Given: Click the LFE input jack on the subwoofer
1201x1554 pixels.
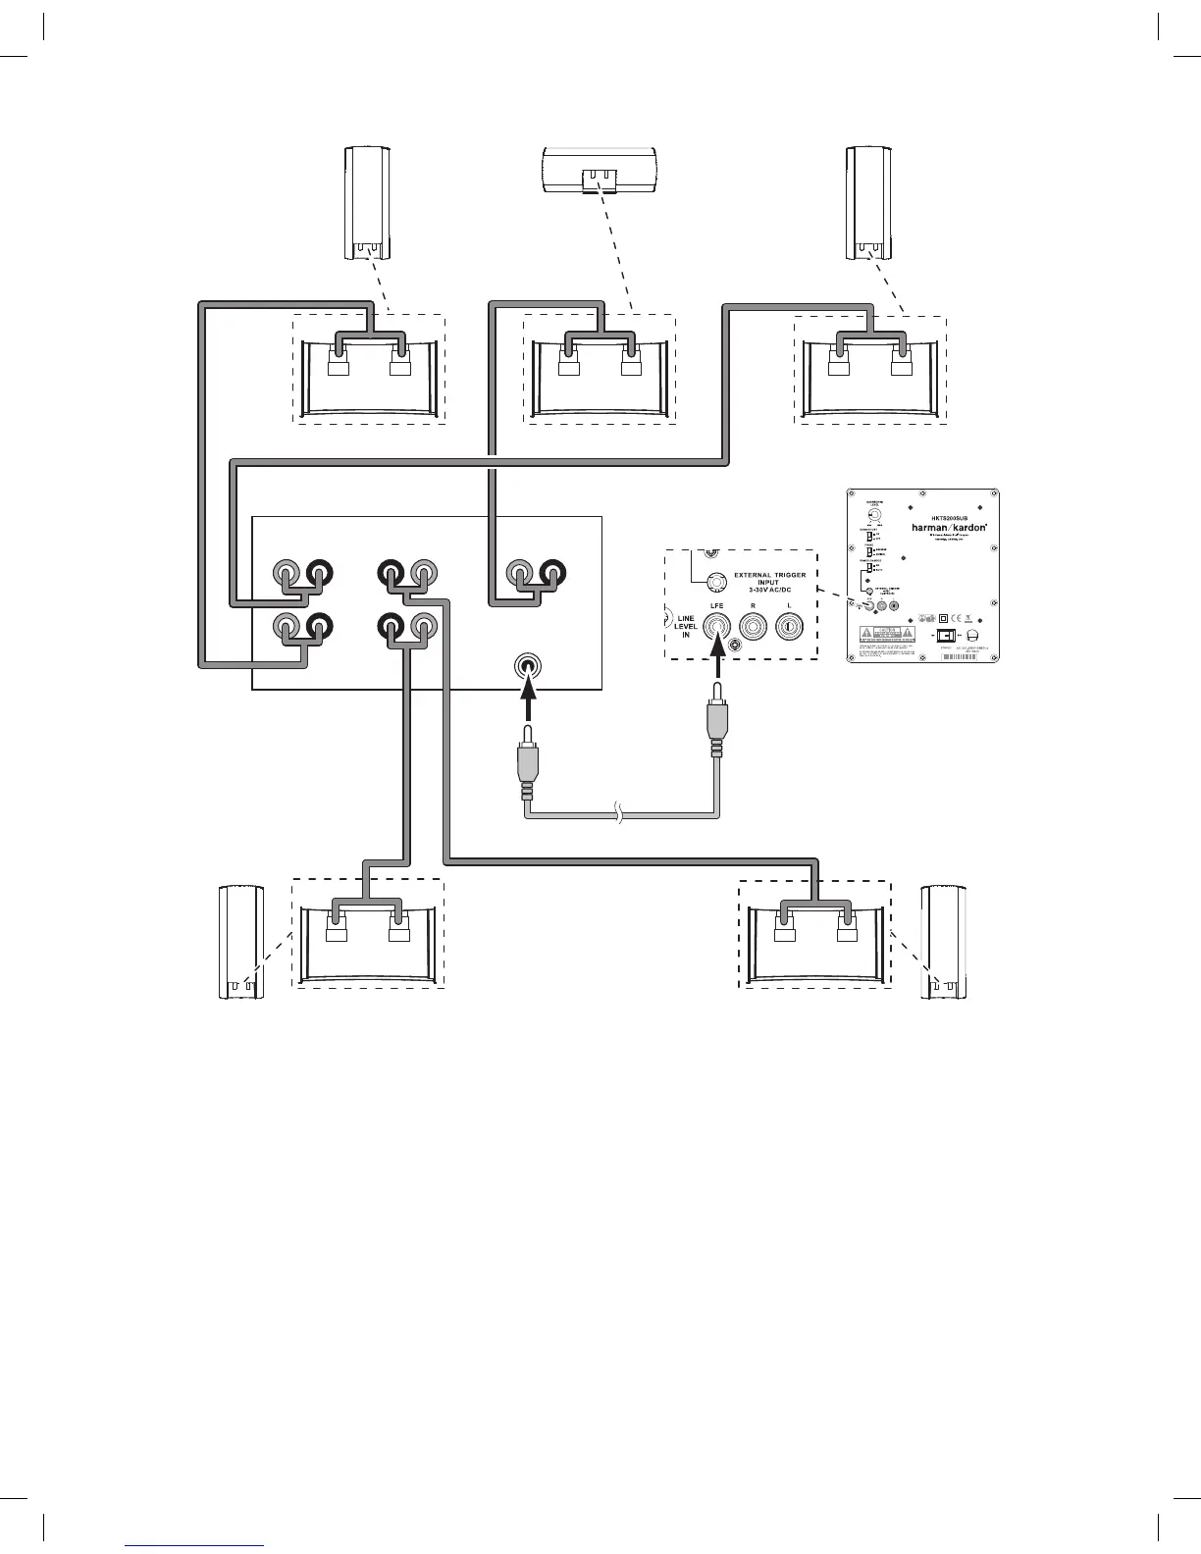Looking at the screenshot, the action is point(717,626).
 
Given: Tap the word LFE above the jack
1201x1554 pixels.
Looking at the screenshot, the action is point(717,606).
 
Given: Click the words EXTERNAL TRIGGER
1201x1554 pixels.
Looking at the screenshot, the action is point(770,575).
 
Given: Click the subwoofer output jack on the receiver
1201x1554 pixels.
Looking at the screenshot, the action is point(527,667).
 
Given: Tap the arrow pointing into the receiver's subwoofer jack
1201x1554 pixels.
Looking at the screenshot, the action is point(527,702).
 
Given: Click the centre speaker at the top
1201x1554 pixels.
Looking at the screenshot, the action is point(600,169).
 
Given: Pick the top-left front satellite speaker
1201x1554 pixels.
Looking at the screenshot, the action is point(368,203).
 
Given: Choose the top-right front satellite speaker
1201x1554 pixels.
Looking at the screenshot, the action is point(869,203).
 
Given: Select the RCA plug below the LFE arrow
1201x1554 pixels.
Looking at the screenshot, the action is point(717,731).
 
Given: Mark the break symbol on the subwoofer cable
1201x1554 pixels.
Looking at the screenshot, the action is point(618,813).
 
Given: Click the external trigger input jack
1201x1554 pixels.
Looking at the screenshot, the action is point(717,582).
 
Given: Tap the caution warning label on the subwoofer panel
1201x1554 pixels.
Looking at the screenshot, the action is point(887,632).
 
